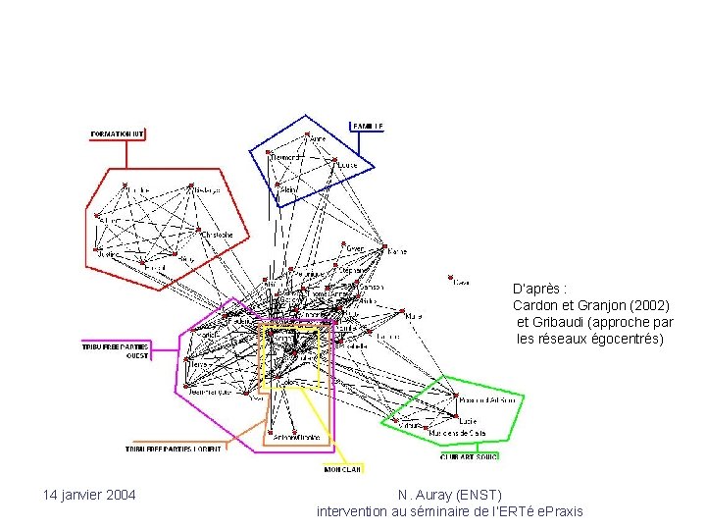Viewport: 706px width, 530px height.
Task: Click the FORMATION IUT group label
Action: coord(118,132)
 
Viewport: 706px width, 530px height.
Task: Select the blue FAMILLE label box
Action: coord(369,126)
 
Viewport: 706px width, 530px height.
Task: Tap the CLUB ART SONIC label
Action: coord(469,456)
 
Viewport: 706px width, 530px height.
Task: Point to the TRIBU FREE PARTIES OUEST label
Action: coord(116,349)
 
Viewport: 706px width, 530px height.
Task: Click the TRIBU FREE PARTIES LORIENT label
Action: coord(174,449)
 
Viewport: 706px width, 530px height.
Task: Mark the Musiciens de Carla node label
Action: coord(464,432)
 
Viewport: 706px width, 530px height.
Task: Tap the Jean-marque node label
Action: coord(210,392)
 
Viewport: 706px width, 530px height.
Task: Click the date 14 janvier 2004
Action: coord(89,494)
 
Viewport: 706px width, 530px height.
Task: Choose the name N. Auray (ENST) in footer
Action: coord(450,495)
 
